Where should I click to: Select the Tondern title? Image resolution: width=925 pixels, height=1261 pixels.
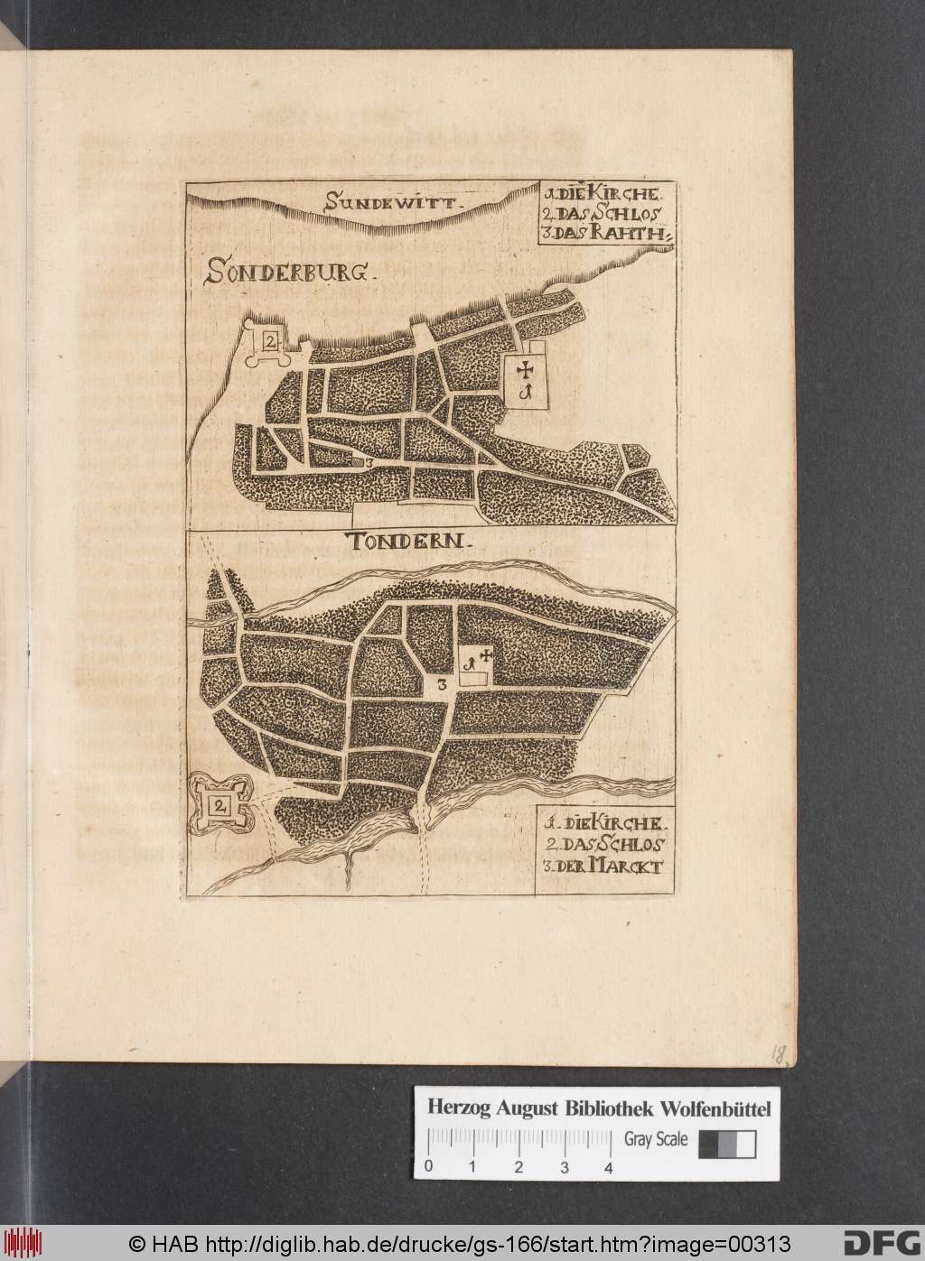(x=408, y=542)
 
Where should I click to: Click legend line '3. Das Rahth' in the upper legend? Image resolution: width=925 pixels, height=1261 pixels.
(x=605, y=233)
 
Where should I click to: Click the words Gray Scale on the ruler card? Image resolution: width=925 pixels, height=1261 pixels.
(x=656, y=1139)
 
